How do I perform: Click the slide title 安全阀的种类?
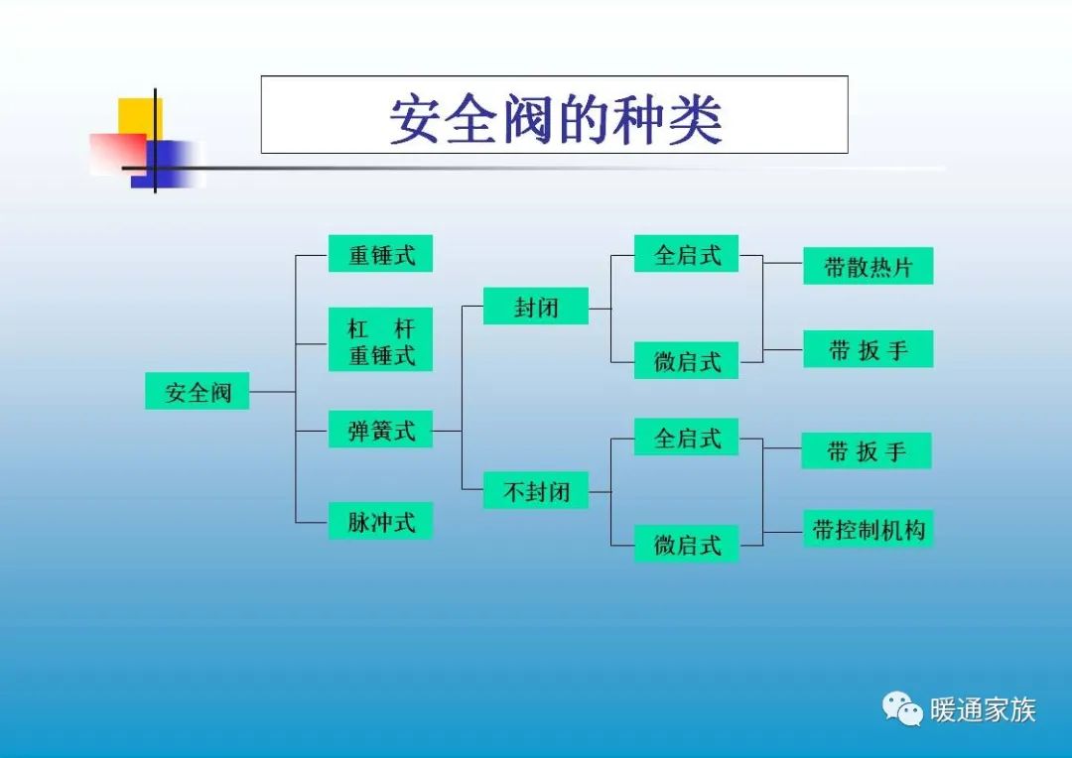(554, 117)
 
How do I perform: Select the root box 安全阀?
(197, 392)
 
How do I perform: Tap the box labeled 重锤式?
(380, 254)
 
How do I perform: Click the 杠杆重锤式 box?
(380, 340)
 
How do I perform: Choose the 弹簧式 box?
(380, 431)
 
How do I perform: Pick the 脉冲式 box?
(380, 521)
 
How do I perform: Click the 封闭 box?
(536, 307)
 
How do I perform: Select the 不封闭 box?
(536, 490)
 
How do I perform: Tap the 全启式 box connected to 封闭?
(687, 254)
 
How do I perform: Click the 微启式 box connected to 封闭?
(687, 361)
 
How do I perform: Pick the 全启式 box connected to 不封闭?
(687, 437)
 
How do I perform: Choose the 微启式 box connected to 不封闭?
(687, 544)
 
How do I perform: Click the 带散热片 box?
(868, 266)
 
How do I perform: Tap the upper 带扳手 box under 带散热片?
(868, 349)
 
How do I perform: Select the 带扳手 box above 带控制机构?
(867, 450)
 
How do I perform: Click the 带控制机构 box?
(868, 530)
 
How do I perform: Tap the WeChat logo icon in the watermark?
(902, 708)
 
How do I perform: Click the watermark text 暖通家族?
(983, 709)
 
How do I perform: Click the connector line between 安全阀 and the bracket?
(272, 392)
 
